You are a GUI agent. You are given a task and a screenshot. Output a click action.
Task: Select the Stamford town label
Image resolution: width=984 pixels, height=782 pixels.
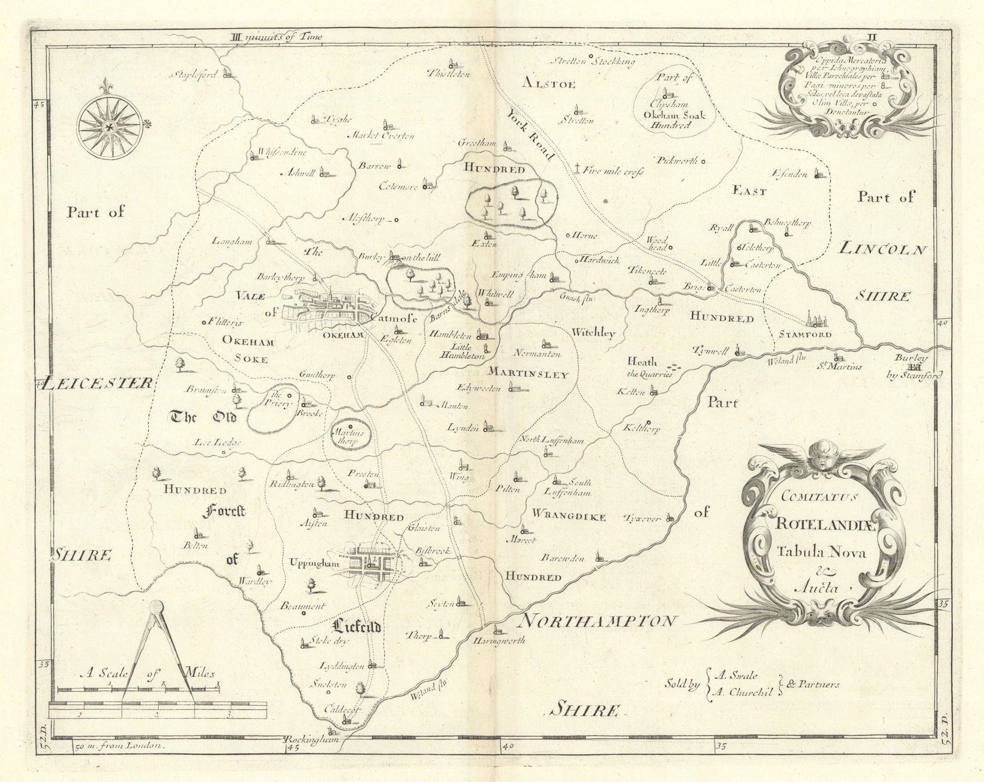[805, 335]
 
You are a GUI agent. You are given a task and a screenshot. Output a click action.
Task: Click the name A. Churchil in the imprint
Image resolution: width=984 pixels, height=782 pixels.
[742, 691]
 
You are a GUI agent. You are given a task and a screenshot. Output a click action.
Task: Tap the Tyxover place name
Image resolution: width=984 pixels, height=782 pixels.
[644, 519]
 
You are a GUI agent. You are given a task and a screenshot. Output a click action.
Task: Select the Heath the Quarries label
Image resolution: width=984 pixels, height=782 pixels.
[649, 367]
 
